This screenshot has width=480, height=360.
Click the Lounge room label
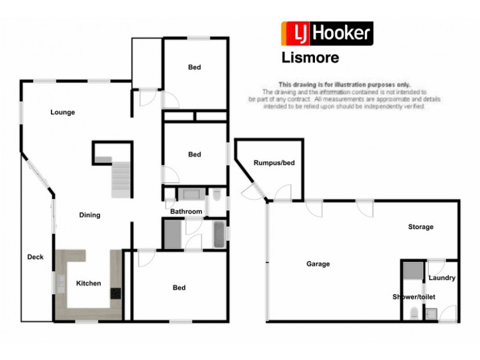pos(62,112)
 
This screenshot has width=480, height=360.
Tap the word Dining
pos(90,215)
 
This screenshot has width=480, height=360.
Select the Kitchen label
pos(88,283)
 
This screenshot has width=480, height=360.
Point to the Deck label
pos(35,257)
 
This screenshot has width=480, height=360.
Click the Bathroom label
pos(186,212)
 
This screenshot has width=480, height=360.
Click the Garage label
pos(318,263)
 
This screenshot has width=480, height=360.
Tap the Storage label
pos(421,227)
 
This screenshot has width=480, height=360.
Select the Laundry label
pos(442,278)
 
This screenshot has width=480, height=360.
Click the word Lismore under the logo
pos(310,58)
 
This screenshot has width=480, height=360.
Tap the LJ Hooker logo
pos(328,33)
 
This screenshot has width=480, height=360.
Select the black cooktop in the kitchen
pos(115,293)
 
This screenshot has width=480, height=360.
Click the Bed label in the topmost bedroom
pos(194,67)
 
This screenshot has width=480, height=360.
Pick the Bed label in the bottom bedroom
pos(179,287)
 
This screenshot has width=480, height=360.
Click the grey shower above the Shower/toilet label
pos(412,271)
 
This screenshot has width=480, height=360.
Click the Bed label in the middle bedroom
pos(194,154)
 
